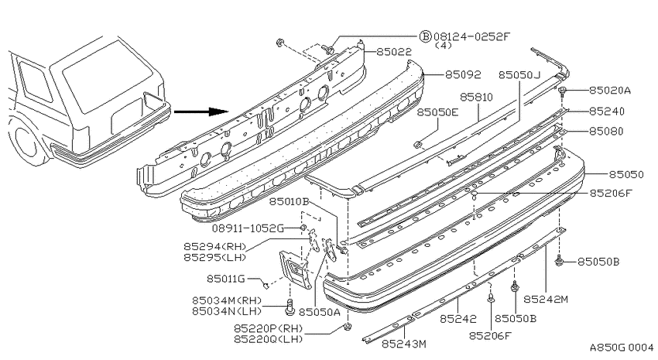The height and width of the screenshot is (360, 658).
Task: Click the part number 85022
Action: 394,52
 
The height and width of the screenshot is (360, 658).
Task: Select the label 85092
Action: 463,74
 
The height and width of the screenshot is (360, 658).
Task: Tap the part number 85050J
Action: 519,75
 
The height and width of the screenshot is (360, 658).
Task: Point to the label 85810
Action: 476,97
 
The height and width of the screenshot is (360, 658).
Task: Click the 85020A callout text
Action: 610,91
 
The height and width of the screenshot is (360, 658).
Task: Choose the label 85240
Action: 607,111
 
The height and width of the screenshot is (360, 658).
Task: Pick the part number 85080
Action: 606,132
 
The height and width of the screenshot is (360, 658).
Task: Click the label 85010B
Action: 289,202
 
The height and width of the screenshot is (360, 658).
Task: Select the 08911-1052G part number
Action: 248,228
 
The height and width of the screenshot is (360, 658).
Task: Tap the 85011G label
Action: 226,279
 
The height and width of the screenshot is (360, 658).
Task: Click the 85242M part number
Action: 546,299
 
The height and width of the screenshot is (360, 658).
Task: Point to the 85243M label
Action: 403,344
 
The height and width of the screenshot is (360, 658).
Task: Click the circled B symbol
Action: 426,36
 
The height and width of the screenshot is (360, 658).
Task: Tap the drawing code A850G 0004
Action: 622,348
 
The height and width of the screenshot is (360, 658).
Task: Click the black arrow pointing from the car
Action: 201,111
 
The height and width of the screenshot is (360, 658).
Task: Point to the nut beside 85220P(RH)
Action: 347,327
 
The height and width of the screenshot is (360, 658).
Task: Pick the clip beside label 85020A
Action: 563,91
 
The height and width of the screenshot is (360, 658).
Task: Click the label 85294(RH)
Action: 215,246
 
